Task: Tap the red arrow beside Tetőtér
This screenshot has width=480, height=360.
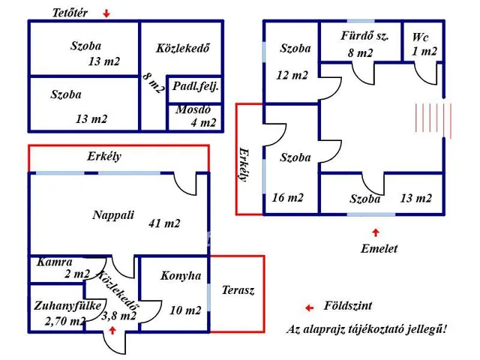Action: click(x=106, y=13)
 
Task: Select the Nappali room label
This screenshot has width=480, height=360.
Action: click(x=113, y=214)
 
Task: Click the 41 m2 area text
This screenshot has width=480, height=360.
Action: click(x=165, y=223)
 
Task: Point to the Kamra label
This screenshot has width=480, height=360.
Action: click(x=53, y=262)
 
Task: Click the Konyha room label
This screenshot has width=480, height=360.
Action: click(x=181, y=276)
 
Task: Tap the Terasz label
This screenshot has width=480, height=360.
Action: click(x=238, y=290)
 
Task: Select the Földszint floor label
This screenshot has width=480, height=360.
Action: click(x=347, y=306)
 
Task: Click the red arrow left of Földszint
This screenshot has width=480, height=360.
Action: click(x=308, y=307)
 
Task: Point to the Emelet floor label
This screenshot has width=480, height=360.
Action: click(x=379, y=248)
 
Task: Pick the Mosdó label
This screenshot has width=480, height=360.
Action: click(x=193, y=109)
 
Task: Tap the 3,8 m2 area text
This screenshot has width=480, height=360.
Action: click(x=118, y=316)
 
